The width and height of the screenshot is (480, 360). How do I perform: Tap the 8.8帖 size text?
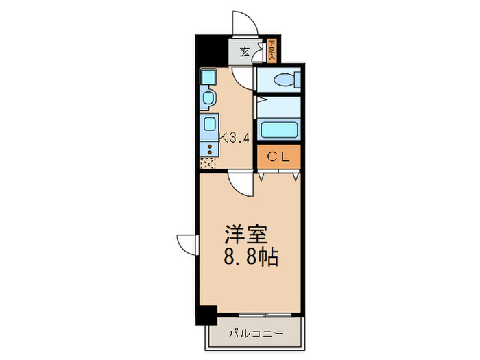pos(250,259)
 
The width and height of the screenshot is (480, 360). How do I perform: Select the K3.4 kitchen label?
pos(235,136)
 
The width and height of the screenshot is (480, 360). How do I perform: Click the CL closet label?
pos(278,156)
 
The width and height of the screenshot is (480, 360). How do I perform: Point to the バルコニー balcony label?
pos(255,335)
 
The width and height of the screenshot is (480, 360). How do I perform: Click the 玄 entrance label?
pos(244,51)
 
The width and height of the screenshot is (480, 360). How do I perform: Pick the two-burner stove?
pos(206,147)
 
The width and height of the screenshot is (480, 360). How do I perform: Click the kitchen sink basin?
pos(208,124)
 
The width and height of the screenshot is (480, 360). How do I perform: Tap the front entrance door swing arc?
pos(245,23)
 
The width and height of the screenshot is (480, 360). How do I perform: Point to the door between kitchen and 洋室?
pos(241,184)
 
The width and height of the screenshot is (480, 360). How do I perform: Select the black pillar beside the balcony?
pos(205,315)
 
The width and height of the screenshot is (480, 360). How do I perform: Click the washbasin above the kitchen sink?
pos(207,98)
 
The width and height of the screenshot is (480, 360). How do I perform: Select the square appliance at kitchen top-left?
pos(208,75)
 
